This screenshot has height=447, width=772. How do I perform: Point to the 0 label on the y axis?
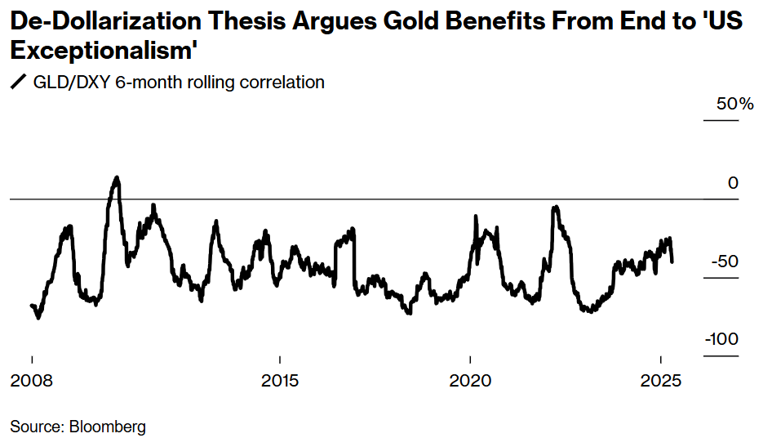coord(733,183)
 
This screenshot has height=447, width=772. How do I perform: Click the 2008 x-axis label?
coord(32,382)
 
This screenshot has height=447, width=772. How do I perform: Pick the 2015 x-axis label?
coord(279,382)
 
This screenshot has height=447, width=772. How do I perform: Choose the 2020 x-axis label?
coord(470,382)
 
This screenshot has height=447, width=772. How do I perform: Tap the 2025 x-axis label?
coord(660,382)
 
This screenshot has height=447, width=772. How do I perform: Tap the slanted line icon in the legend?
coord(17,82)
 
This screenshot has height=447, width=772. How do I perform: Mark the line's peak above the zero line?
coord(117,177)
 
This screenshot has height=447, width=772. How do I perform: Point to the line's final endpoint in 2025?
coord(672,261)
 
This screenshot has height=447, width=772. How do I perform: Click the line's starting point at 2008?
coord(31,306)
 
